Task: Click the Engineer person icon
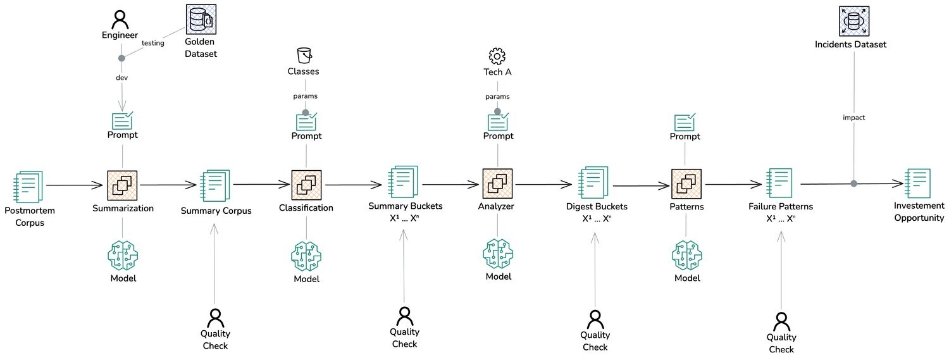(x=120, y=19)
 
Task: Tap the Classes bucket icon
(x=306, y=54)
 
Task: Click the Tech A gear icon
(x=497, y=56)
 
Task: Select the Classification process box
(x=306, y=185)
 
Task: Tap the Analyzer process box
(x=497, y=184)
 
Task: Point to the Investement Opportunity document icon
(x=918, y=184)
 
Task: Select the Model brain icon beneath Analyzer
(x=497, y=254)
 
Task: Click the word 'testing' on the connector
(x=152, y=44)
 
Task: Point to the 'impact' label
(x=853, y=118)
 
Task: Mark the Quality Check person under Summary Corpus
(x=215, y=317)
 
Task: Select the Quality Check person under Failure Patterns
(x=782, y=321)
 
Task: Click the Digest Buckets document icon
(x=593, y=183)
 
